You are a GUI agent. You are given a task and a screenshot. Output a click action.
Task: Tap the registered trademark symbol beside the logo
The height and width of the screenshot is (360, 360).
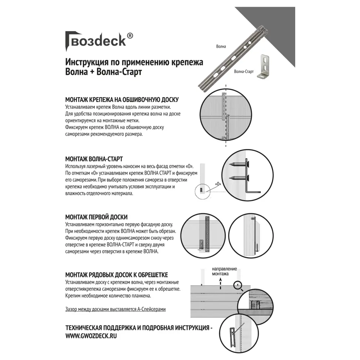point(130,36)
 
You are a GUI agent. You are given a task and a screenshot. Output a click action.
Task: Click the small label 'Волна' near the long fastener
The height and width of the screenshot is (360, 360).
point(221,46)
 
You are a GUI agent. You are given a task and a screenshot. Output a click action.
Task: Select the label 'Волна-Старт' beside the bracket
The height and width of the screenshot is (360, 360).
point(244,72)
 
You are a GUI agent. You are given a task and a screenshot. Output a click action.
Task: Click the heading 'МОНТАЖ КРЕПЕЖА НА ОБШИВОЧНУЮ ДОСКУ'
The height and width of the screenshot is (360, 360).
point(122,100)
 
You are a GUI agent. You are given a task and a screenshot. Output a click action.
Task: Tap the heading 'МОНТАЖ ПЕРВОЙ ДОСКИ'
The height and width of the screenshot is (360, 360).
point(96,217)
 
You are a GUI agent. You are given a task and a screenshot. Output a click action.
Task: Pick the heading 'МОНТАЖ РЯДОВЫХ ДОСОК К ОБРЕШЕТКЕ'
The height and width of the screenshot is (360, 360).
point(117,275)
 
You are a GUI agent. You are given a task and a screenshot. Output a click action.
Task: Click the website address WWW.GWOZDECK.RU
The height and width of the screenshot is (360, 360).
point(91,335)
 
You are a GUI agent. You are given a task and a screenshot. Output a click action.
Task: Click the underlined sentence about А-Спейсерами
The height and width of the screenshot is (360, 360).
point(116,309)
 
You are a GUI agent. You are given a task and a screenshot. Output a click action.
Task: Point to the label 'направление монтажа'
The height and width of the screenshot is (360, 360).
point(224,271)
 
